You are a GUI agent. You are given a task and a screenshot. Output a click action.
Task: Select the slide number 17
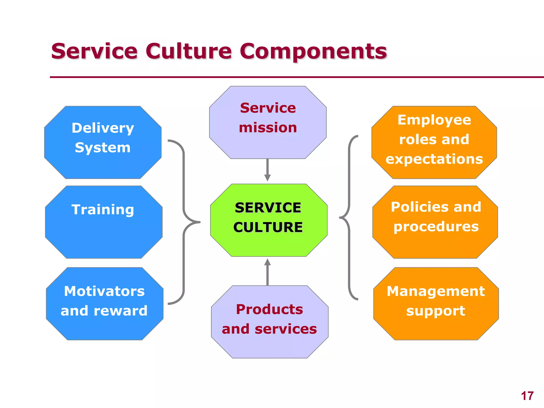(x=527, y=396)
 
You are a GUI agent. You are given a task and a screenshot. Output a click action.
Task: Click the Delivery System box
(x=103, y=142)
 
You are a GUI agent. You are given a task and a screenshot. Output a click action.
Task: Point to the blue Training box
(x=104, y=222)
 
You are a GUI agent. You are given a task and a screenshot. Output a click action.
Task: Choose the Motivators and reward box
(x=104, y=304)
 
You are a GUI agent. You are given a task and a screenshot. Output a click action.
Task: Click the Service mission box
(x=268, y=122)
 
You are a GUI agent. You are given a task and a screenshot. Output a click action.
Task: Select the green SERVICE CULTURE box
(x=269, y=220)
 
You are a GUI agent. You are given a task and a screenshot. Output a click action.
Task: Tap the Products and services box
(x=270, y=322)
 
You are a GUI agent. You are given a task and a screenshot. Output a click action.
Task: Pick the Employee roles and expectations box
(x=434, y=142)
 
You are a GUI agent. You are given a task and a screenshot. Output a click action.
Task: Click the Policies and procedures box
(x=435, y=222)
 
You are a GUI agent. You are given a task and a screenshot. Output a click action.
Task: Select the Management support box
(x=436, y=304)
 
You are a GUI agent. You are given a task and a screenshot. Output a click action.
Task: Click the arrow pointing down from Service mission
(x=267, y=170)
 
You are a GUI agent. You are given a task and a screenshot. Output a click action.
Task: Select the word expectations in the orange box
(x=434, y=159)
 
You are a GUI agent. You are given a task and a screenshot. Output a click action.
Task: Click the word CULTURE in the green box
(x=268, y=227)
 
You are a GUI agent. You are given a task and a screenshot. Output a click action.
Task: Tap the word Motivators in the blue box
(x=104, y=291)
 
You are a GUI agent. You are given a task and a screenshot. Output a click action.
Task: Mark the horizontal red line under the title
(x=292, y=77)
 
